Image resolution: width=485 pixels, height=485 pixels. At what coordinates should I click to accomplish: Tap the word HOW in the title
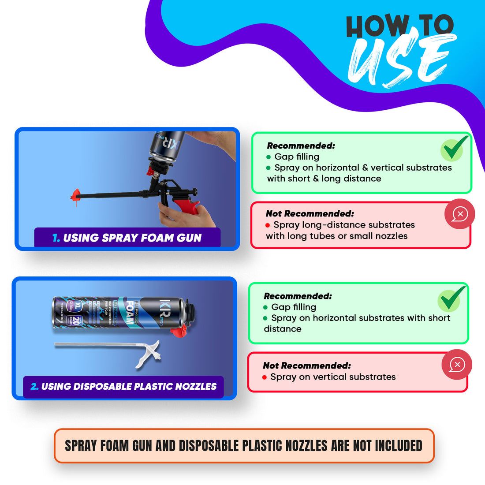click(x=377, y=26)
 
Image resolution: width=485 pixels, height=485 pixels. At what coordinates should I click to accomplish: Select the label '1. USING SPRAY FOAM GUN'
click(x=127, y=238)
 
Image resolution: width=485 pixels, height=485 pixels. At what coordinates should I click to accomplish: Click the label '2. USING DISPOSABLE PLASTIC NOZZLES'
click(x=123, y=387)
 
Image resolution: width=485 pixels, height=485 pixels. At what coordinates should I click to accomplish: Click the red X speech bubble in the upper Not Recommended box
click(x=459, y=214)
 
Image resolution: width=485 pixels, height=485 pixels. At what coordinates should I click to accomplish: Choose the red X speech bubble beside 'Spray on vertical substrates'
click(x=457, y=365)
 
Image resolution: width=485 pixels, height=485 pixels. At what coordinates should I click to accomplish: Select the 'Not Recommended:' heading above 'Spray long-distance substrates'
click(x=310, y=214)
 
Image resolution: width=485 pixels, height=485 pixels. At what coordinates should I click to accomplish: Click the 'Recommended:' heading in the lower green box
click(x=298, y=296)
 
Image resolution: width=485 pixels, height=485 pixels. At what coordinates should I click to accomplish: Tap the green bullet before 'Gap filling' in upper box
click(x=269, y=157)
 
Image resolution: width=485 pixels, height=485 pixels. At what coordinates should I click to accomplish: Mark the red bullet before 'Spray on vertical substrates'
click(x=265, y=377)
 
